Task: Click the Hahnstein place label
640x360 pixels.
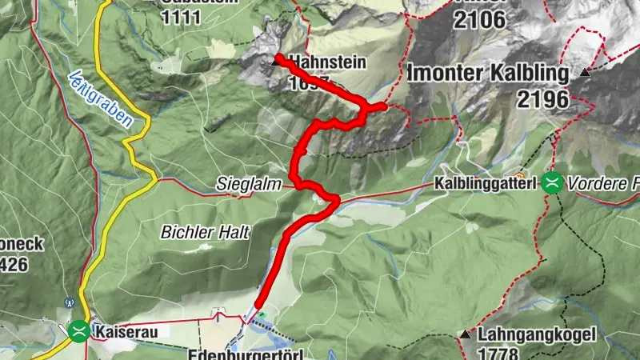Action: [x=328, y=61]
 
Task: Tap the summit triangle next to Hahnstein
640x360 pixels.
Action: [x=277, y=61]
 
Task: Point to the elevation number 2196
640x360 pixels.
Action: [x=542, y=99]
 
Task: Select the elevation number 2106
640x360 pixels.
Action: [x=479, y=20]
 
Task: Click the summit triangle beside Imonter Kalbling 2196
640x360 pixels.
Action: [x=585, y=72]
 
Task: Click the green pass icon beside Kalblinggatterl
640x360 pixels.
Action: [x=551, y=183]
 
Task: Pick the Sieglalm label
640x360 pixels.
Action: [x=249, y=185]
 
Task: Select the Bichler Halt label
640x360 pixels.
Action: [x=206, y=232]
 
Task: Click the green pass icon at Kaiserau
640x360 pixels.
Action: [x=78, y=329]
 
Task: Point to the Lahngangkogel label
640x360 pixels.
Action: [x=528, y=335]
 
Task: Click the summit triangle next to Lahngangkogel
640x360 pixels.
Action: [x=463, y=334]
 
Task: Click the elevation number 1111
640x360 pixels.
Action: [x=189, y=17]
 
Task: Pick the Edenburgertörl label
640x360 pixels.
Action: [x=247, y=353]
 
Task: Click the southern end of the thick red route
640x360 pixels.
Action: [x=258, y=305]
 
